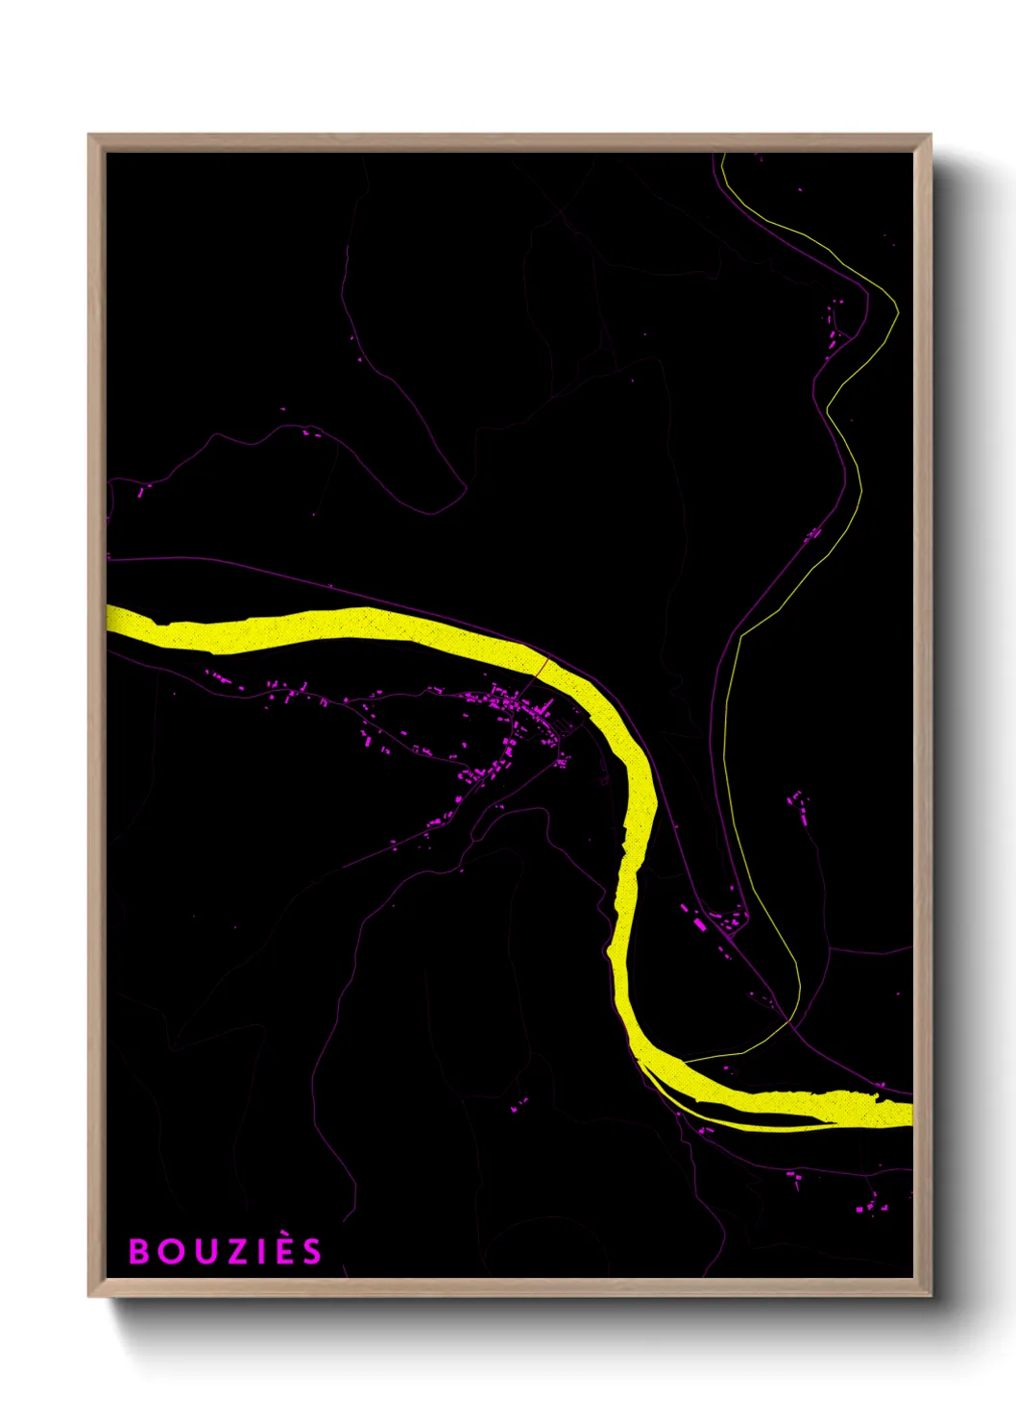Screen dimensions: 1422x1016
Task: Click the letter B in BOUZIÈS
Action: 139,1251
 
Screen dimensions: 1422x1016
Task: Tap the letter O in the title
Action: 169,1251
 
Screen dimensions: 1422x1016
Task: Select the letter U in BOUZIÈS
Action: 200,1251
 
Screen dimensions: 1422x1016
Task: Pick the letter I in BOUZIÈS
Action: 253,1251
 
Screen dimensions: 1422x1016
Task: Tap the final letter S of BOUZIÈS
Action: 309,1251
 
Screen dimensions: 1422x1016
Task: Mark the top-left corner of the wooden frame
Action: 89,135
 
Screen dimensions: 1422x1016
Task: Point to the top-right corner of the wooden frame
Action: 930,135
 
